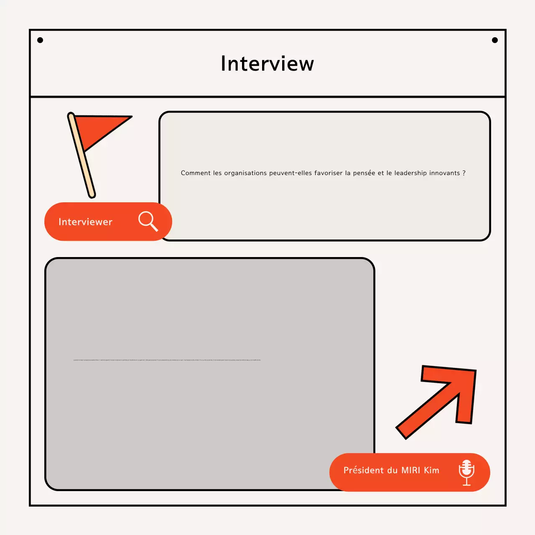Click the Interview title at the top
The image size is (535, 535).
pos(267,64)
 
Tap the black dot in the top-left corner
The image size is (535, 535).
pos(40,40)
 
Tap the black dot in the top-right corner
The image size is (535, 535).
pos(495,40)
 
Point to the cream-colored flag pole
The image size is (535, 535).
pos(84,163)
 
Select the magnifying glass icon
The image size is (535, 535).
pos(148,221)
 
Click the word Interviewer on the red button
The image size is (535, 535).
pos(85,222)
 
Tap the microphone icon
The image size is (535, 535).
pos(466,472)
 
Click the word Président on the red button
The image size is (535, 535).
pos(363,470)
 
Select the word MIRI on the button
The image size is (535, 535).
pos(410,470)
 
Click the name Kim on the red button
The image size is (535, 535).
pos(432,470)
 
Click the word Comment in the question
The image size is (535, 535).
pos(196,173)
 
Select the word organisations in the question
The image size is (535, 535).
pos(245,173)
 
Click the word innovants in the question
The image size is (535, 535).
pos(444,173)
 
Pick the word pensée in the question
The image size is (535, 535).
pos(364,173)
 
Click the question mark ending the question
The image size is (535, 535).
pos(464,173)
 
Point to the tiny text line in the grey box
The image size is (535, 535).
pos(167,359)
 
